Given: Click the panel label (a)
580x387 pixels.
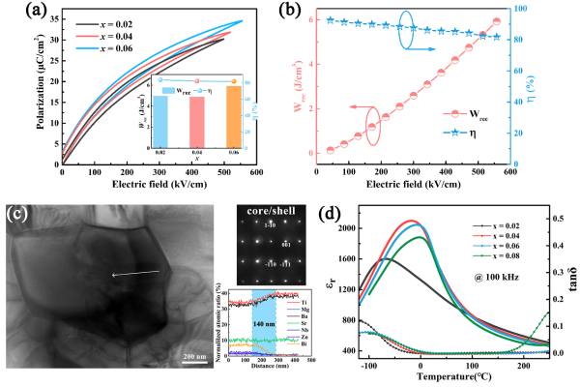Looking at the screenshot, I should point(21,13).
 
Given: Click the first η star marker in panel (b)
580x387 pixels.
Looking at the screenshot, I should point(331,19).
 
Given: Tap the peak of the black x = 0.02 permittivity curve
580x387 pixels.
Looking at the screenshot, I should point(385,258).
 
